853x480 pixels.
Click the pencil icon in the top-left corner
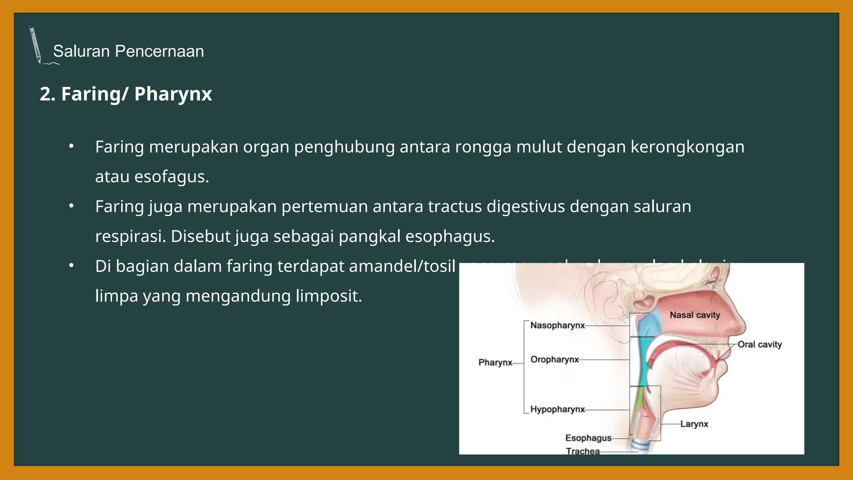point(35,45)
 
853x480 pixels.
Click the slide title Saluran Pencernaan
point(128,51)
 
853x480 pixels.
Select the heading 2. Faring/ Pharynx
point(126,94)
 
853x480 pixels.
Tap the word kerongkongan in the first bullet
point(687,147)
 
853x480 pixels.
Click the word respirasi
point(130,237)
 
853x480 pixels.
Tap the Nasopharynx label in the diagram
point(557,325)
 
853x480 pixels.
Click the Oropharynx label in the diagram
point(554,360)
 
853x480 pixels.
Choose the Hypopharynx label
point(557,410)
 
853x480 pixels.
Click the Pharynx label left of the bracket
point(495,362)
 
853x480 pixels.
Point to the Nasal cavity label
point(695,315)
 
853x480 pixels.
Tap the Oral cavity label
point(760,345)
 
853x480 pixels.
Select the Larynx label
point(694,424)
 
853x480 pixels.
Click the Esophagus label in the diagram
point(588,438)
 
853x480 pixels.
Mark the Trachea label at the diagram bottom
point(583,451)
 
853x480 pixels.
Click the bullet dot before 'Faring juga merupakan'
point(72,206)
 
